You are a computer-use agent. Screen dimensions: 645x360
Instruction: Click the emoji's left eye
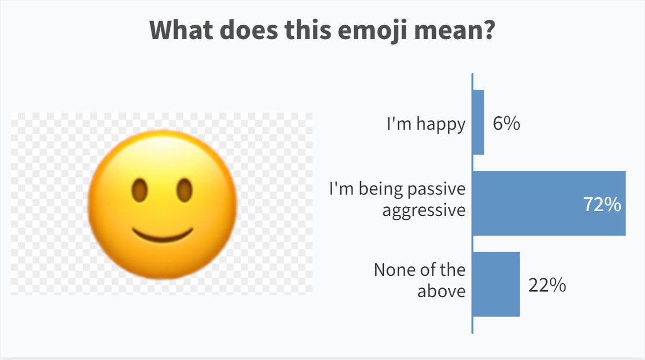coord(140,190)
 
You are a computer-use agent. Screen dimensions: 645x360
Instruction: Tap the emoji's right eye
coord(184,190)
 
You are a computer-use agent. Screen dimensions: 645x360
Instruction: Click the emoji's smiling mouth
coord(163,235)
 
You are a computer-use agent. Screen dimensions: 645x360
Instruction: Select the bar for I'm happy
coord(479,123)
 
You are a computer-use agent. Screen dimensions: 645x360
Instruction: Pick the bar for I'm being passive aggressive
coord(549,203)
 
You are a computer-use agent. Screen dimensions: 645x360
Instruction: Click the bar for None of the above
coord(497,284)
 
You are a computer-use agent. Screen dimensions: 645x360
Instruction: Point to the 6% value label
coord(506,124)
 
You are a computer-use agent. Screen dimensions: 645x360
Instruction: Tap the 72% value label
coord(602,205)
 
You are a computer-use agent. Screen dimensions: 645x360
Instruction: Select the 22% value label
coord(547,285)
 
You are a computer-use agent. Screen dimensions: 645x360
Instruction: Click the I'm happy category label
coord(426,124)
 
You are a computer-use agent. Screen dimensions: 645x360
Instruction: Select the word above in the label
coord(441,291)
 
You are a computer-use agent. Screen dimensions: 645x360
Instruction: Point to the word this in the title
coord(308,30)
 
